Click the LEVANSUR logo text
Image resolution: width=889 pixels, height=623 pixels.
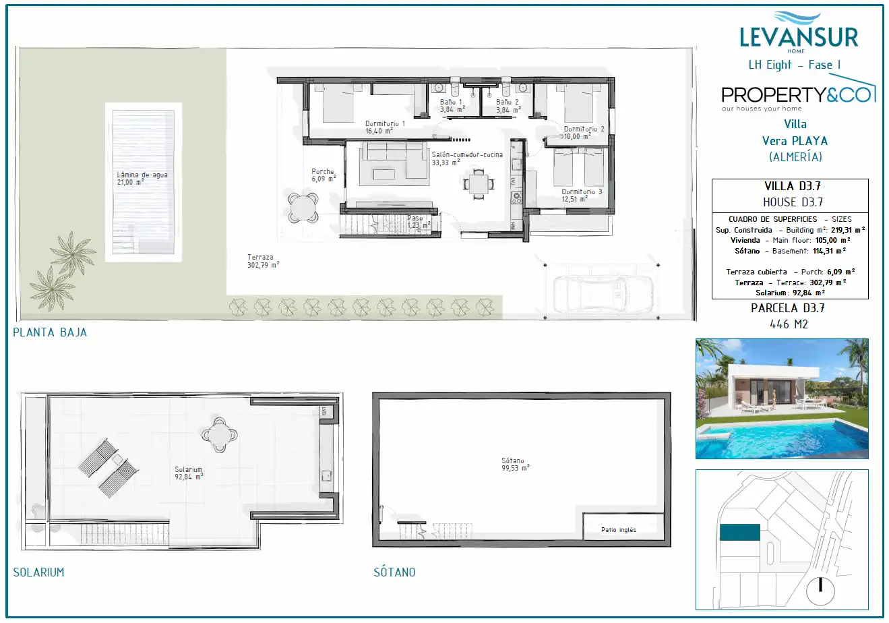[x=799, y=38]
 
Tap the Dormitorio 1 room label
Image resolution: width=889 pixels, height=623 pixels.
[x=385, y=127]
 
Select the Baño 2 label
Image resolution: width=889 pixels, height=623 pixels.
[x=508, y=106]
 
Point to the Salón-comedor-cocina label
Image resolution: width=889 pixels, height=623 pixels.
[x=467, y=158]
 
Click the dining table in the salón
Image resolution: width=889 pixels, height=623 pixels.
[x=479, y=184]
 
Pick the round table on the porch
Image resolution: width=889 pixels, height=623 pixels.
[x=303, y=208]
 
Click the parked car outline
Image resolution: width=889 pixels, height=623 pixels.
[x=603, y=294]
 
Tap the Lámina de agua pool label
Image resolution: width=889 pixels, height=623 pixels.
[x=142, y=178]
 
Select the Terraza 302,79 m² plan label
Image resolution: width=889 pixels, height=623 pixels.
[x=263, y=262]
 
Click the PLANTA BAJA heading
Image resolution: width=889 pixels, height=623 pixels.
[x=50, y=332]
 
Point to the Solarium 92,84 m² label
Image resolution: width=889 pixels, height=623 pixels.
[x=189, y=473]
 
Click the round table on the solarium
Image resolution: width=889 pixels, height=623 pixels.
[x=220, y=435]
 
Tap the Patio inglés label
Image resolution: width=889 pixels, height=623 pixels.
[x=618, y=530]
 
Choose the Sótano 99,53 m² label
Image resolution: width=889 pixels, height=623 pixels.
[x=515, y=464]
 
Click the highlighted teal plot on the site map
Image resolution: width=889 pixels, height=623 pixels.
[x=740, y=532]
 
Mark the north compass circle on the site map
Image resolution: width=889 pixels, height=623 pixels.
[x=820, y=591]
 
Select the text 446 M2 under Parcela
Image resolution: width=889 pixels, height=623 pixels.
[x=789, y=324]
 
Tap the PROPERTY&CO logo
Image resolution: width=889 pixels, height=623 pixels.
[x=799, y=94]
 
